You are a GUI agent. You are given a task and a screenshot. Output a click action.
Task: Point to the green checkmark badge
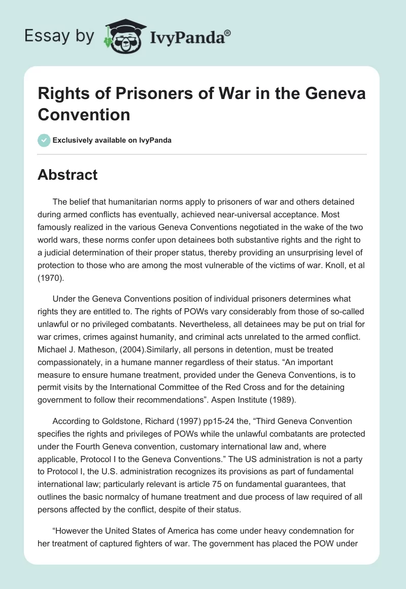coord(44,140)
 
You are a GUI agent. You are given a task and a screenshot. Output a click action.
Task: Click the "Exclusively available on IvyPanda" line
coord(112,140)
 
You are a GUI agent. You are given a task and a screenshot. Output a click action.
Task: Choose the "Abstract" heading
coord(68,175)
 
